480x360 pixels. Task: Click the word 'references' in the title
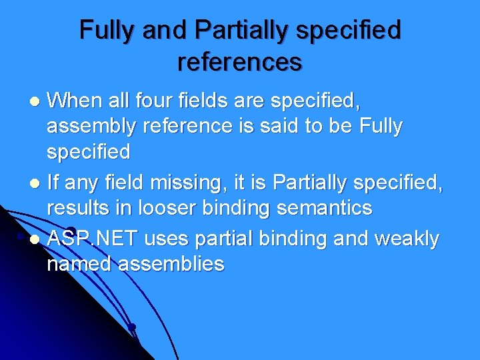[240, 61]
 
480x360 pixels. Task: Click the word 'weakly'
[407, 238]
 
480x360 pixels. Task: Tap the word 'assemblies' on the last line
[171, 264]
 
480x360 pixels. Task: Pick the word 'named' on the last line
[79, 264]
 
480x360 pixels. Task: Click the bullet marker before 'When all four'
[37, 102]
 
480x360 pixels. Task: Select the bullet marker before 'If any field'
[37, 183]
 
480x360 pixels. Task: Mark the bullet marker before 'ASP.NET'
[37, 239]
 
